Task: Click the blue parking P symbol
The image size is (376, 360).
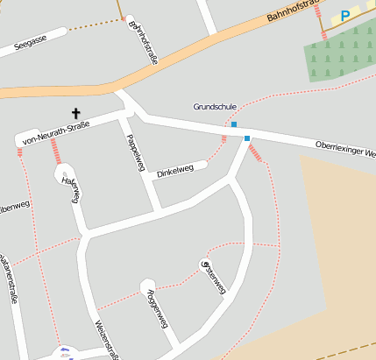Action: pos(345,15)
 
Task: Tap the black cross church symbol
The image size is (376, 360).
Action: pos(76,113)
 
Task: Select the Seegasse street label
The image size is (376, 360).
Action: pos(32,42)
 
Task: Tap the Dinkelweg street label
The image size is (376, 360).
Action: pos(175,173)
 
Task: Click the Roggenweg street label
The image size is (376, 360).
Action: pos(157,310)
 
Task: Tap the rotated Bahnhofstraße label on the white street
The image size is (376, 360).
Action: pos(143,44)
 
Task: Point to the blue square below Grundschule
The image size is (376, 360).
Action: pos(234,124)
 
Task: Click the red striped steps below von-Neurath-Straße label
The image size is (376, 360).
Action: pos(57,151)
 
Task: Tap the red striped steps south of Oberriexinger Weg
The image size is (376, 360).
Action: pos(256,154)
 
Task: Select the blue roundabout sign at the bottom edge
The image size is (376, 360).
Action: pos(63,353)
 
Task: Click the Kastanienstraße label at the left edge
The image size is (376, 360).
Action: pos(10,276)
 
